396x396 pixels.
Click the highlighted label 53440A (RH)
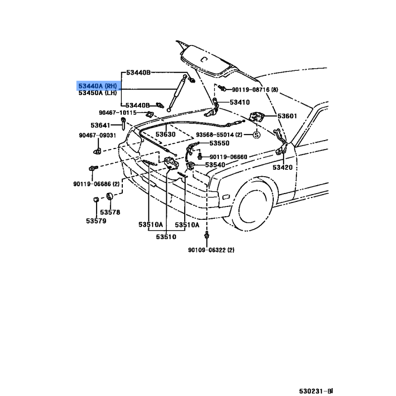(x=98, y=86)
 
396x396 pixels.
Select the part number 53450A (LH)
(x=98, y=93)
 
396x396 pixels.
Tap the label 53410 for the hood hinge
(x=240, y=102)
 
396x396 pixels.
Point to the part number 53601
(x=288, y=116)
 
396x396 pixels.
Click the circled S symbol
(x=256, y=135)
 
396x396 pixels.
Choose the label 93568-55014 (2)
(x=219, y=135)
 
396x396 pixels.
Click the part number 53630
(x=165, y=134)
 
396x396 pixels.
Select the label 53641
(x=100, y=125)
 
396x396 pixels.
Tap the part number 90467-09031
(x=98, y=135)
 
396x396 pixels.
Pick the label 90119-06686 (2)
(x=97, y=184)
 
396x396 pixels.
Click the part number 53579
(x=96, y=221)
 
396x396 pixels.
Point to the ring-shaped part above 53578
(x=109, y=196)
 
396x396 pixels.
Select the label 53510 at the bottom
(x=166, y=237)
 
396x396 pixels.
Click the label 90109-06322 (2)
(x=211, y=250)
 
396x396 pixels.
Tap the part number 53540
(x=215, y=165)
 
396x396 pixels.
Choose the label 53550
(x=219, y=143)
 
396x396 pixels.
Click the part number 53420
(x=283, y=167)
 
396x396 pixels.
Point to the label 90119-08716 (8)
(x=255, y=90)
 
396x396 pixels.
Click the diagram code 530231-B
(x=316, y=391)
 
